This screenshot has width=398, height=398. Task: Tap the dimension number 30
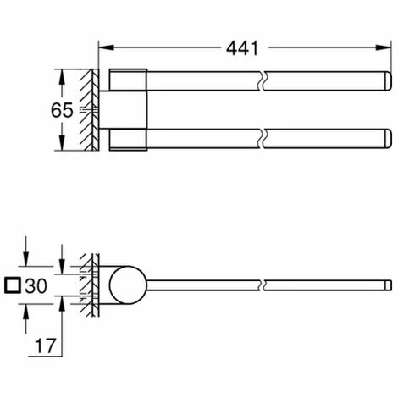(37, 286)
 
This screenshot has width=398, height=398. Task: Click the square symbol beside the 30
(13, 286)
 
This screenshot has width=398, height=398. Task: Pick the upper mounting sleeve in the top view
(128, 80)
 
